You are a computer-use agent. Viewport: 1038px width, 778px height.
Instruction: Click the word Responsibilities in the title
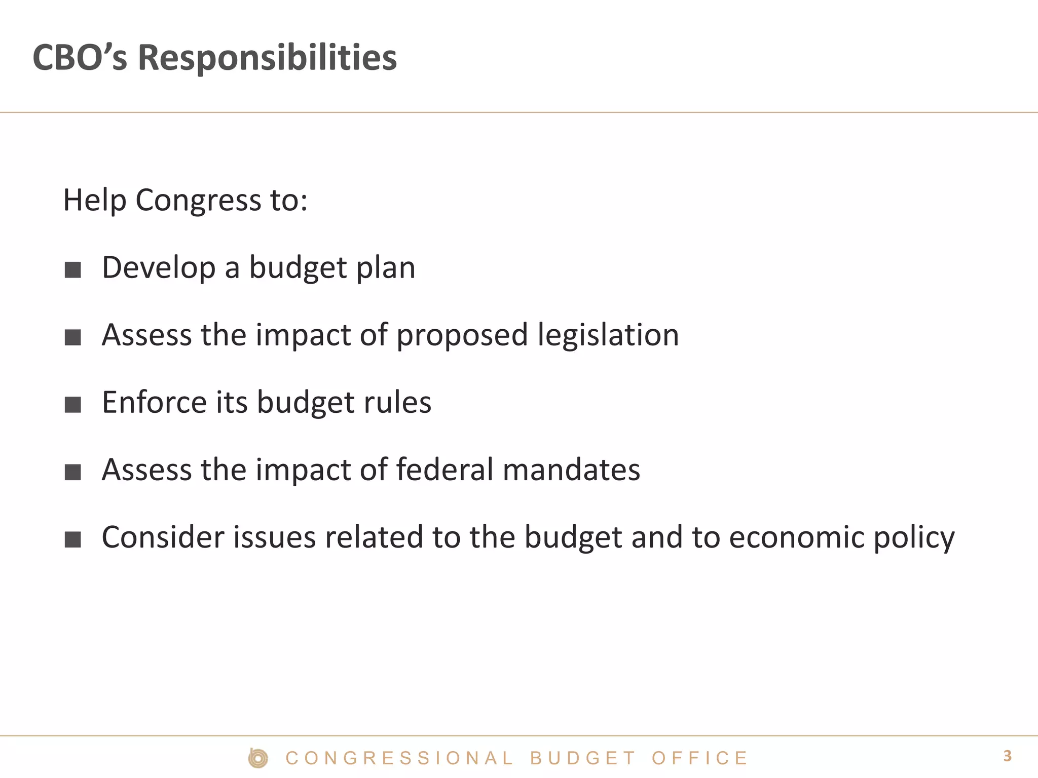267,58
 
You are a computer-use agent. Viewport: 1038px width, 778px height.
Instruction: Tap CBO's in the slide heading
80,58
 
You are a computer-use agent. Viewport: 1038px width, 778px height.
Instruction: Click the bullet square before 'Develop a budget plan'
73,269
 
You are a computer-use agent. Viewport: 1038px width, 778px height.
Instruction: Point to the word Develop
159,267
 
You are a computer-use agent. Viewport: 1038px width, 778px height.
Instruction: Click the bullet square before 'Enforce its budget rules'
73,404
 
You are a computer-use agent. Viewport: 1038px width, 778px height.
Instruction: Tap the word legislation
608,335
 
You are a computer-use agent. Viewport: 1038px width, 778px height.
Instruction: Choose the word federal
444,470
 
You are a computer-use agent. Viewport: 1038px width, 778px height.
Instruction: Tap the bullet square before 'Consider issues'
73,539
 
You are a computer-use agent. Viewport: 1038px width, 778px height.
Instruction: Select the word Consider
163,537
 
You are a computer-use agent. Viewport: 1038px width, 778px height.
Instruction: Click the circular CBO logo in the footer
258,758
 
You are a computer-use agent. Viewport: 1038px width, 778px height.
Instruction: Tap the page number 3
1007,756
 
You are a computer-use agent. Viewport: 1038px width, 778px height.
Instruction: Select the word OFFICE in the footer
699,758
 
